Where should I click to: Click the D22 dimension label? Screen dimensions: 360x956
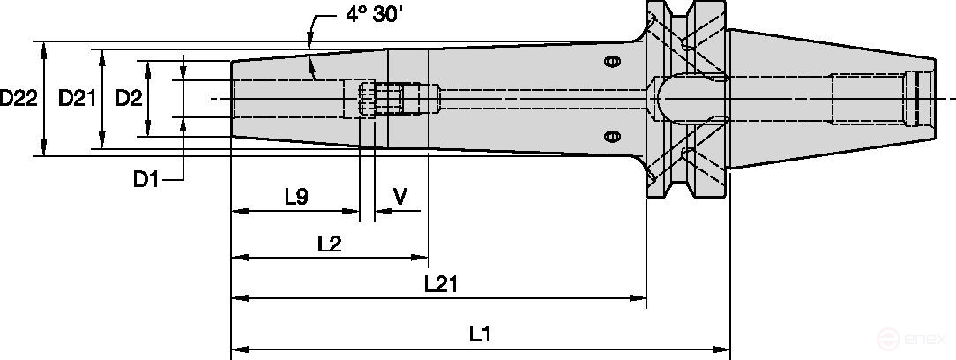pyautogui.click(x=18, y=99)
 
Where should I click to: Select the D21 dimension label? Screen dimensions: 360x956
pyautogui.click(x=77, y=99)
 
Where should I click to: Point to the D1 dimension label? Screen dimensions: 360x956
pyautogui.click(x=146, y=180)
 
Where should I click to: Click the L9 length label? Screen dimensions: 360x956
pyautogui.click(x=296, y=197)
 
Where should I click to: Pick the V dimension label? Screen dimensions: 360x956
pyautogui.click(x=400, y=196)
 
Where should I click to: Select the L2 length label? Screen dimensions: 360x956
pyautogui.click(x=329, y=243)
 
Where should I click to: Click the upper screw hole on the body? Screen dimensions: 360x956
pyautogui.click(x=611, y=61)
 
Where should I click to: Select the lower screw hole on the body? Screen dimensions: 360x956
pyautogui.click(x=611, y=136)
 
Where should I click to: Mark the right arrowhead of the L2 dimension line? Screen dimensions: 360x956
pyautogui.click(x=421, y=258)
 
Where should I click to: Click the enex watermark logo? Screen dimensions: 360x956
pyautogui.click(x=917, y=340)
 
